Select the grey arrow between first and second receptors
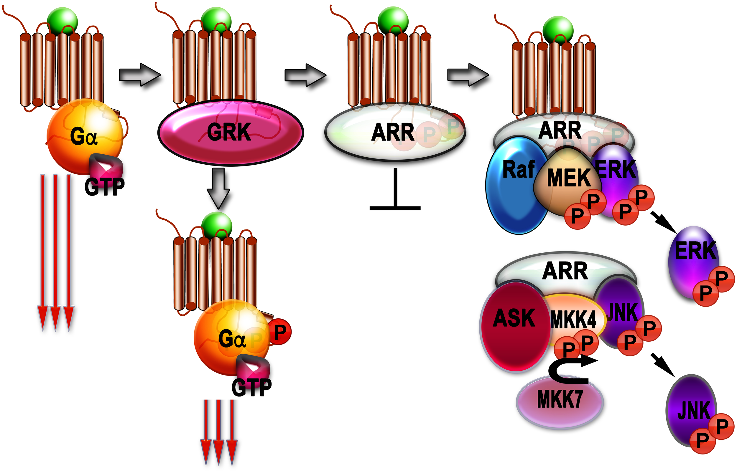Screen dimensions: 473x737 (x=140, y=75)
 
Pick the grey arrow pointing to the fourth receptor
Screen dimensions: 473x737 (x=468, y=75)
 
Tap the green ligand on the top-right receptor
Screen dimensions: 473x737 (x=558, y=30)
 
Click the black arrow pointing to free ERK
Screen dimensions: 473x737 (x=664, y=223)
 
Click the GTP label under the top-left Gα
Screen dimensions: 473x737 (x=104, y=187)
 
